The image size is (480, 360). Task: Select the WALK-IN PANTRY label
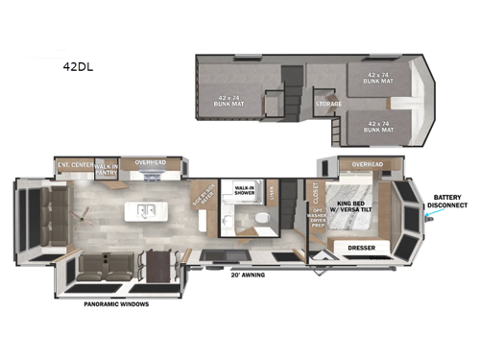(106, 169)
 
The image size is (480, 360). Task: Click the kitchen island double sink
(147, 209)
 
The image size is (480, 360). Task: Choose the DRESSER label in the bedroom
(361, 248)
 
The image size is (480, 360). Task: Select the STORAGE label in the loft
(328, 104)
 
